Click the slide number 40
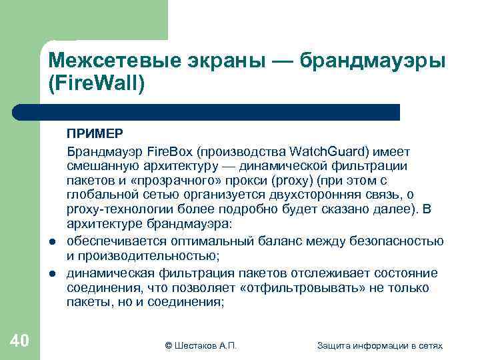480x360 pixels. pyautogui.click(x=19, y=341)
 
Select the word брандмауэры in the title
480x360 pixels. pyautogui.click(x=373, y=61)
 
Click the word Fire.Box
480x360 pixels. pyautogui.click(x=170, y=151)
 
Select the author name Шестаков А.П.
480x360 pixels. pyautogui.click(x=205, y=345)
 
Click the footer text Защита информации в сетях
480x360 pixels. pyautogui.click(x=379, y=345)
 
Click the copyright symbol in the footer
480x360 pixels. pyautogui.click(x=169, y=345)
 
